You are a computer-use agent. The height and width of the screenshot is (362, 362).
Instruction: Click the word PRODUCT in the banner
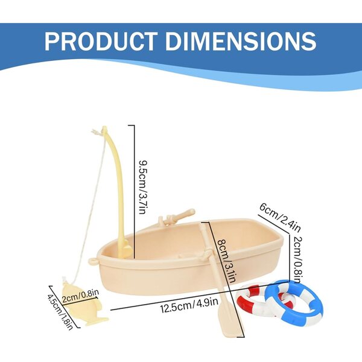coord(101,41)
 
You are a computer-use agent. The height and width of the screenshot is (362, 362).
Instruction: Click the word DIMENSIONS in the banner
coord(241,41)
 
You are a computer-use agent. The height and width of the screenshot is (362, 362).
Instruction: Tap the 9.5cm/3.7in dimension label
coord(143,187)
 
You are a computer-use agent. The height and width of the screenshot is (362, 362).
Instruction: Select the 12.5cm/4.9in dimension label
coord(189,305)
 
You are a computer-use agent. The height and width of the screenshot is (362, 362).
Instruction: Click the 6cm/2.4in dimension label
coord(280,217)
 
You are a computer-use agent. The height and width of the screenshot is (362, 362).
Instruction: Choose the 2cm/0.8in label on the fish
coord(81,296)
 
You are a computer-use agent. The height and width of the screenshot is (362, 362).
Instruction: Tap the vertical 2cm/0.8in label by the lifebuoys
coord(299,259)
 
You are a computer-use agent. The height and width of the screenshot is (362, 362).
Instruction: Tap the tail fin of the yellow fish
coord(97,321)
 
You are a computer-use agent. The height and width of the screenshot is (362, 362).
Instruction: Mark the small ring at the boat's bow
coord(93,261)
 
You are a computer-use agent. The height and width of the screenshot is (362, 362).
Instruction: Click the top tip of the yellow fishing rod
coord(104,127)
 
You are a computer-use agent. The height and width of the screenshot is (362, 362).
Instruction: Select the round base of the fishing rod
coord(126,250)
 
